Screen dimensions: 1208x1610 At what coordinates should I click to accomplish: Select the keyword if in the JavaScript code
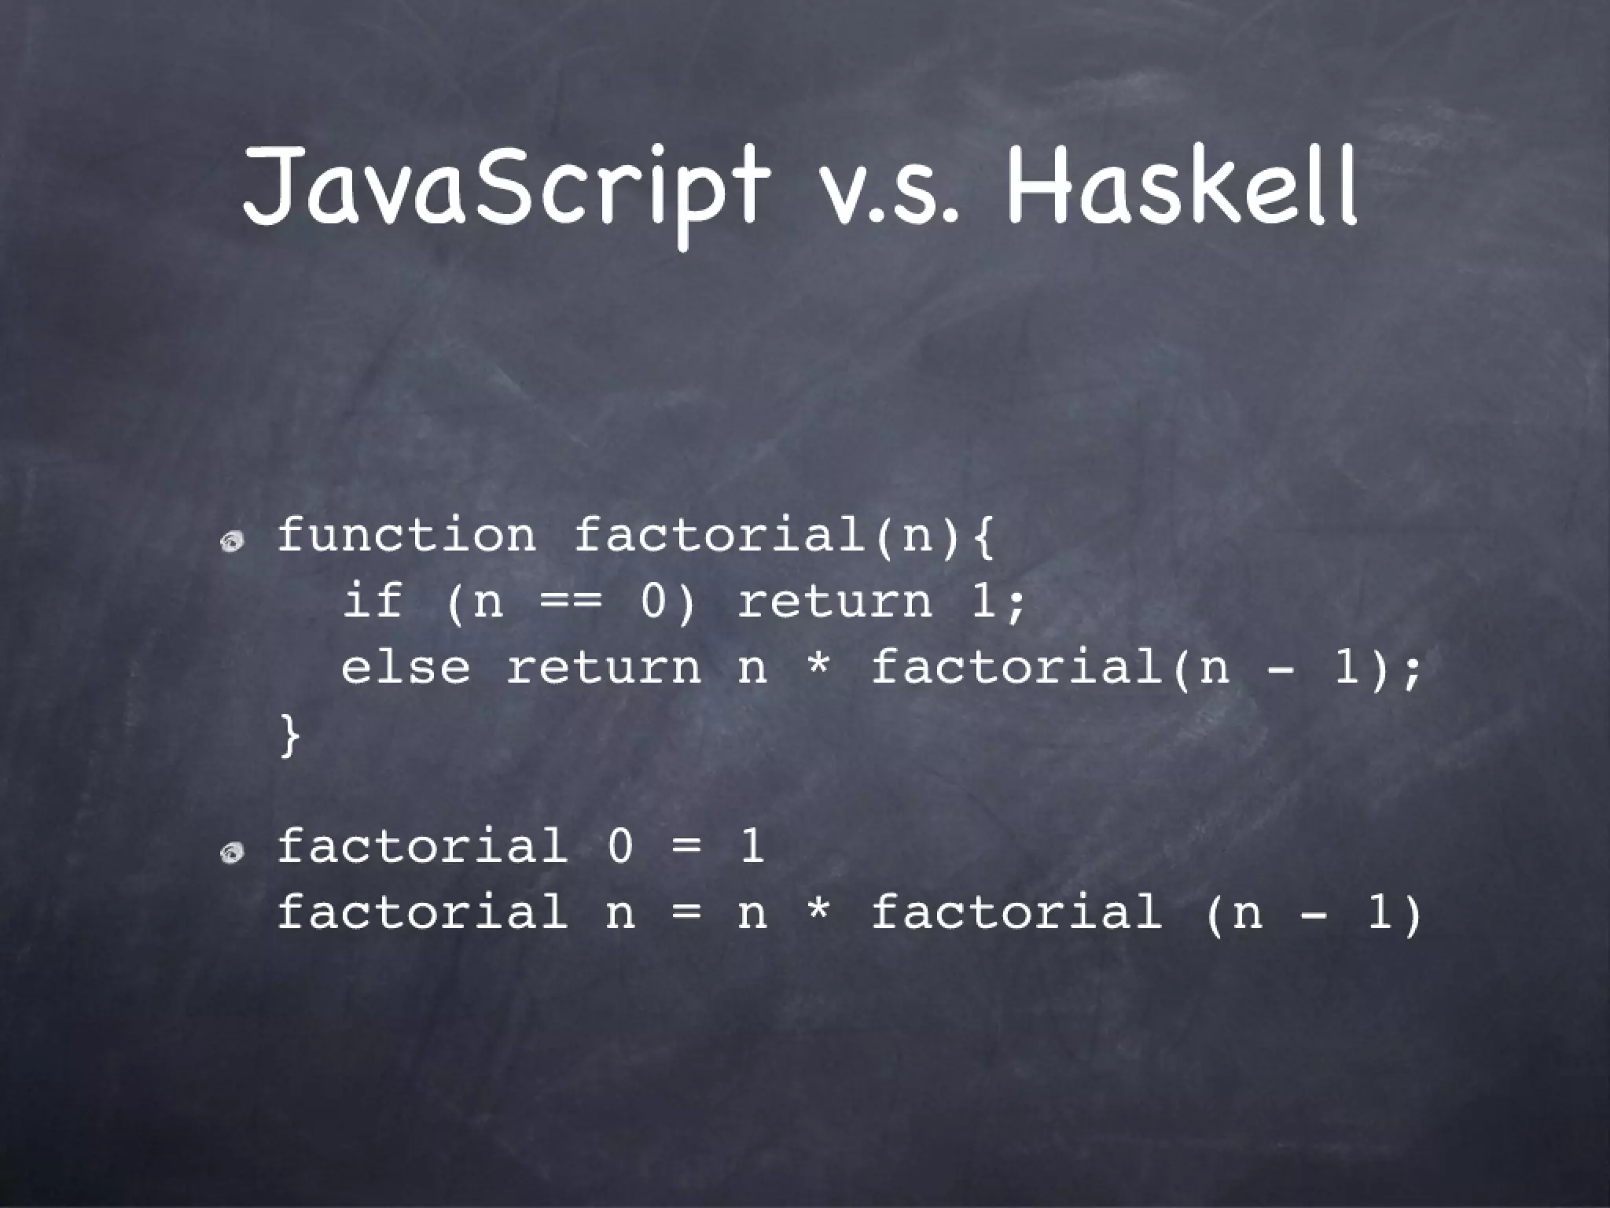[373, 602]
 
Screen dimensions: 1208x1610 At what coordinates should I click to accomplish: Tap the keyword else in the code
[406, 668]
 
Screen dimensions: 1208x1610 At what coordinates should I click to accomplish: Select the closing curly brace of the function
[289, 735]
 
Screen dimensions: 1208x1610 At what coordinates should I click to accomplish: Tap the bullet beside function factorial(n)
[233, 542]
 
